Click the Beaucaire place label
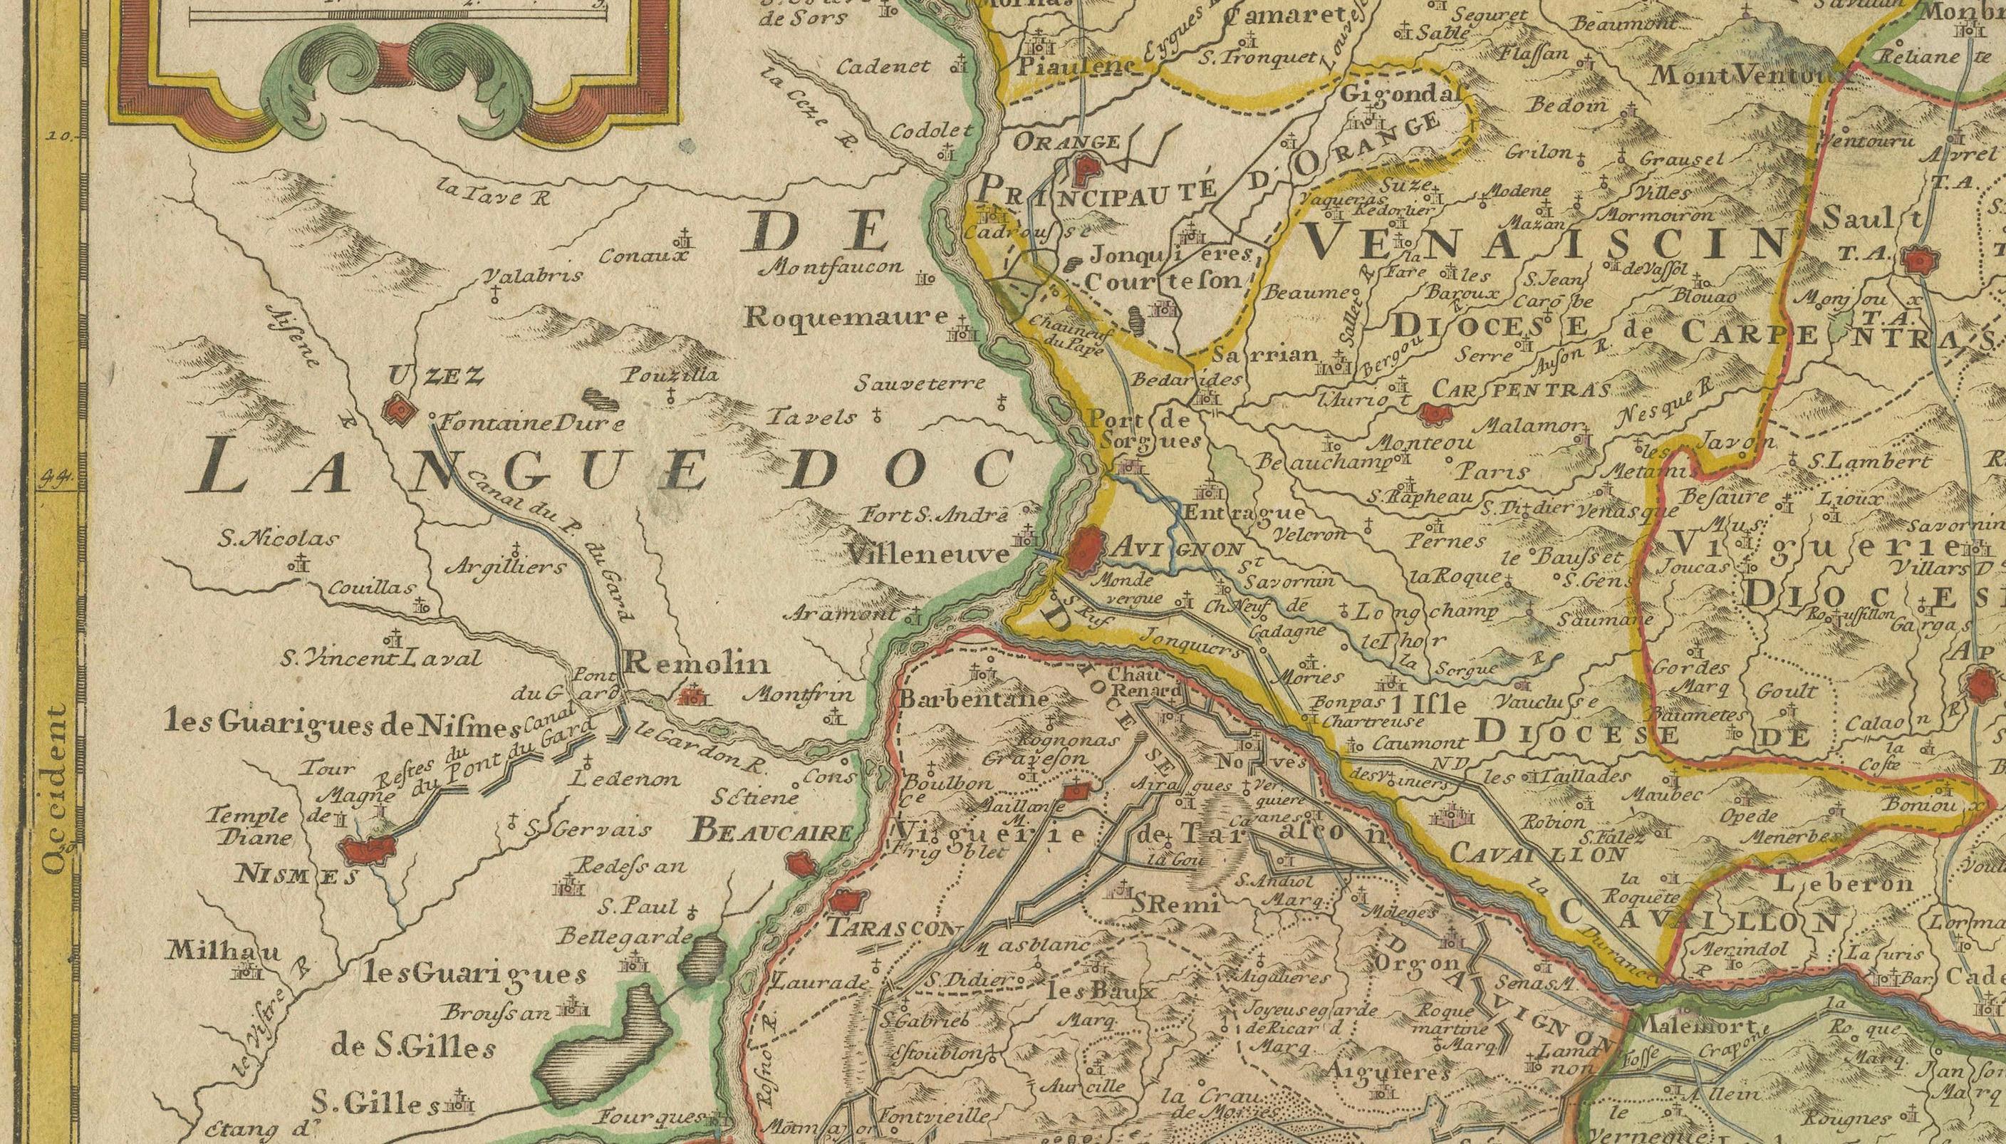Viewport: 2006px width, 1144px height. pyautogui.click(x=771, y=833)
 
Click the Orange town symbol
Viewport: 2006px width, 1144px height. pyautogui.click(x=1086, y=167)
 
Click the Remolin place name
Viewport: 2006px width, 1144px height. pyautogui.click(x=696, y=665)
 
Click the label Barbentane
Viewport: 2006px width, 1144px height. pyautogui.click(x=974, y=697)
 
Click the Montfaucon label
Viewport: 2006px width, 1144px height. pyautogui.click(x=833, y=267)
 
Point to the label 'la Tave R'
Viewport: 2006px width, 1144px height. pyautogui.click(x=494, y=192)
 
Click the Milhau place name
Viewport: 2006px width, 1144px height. pyautogui.click(x=222, y=951)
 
